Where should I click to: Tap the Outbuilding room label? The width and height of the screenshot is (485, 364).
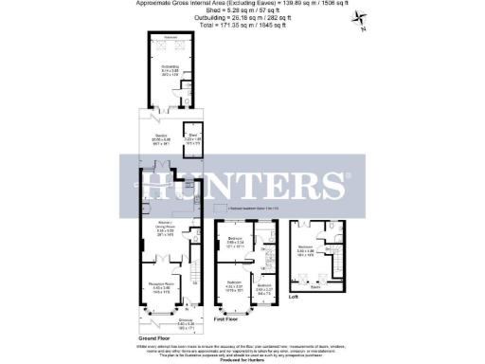(170, 68)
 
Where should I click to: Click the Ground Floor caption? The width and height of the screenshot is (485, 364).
(154, 337)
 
